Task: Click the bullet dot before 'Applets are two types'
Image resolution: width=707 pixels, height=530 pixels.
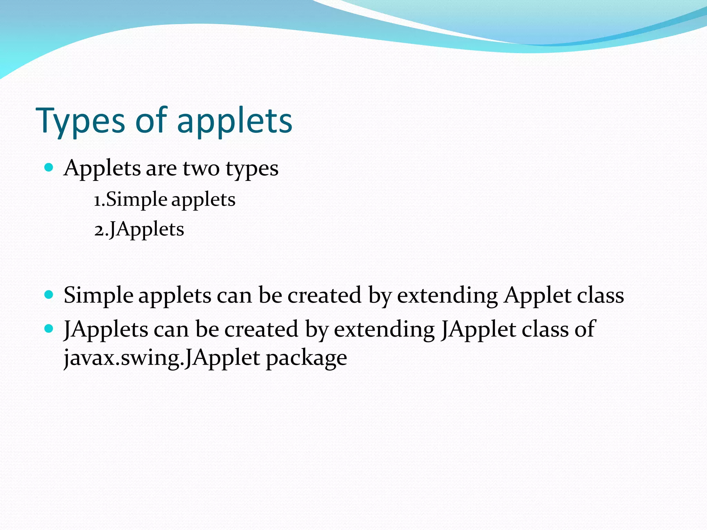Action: pos(49,168)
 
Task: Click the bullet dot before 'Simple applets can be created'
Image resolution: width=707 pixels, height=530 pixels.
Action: pos(49,295)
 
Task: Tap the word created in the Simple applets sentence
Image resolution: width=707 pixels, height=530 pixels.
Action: pos(325,295)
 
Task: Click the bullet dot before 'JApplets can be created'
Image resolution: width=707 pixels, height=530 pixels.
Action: pos(49,328)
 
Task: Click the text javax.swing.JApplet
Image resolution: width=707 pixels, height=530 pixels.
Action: pos(162,358)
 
